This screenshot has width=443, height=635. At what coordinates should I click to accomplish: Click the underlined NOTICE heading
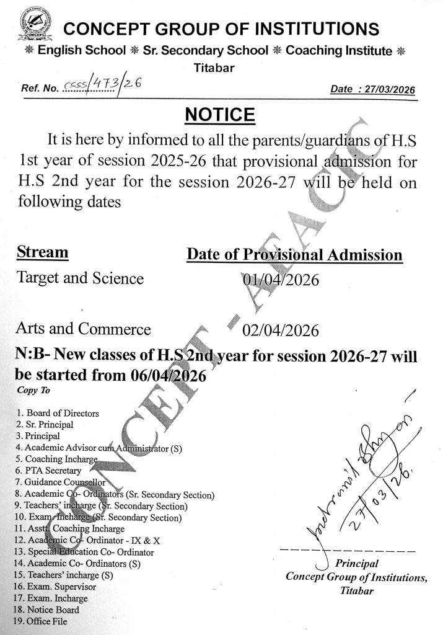221,115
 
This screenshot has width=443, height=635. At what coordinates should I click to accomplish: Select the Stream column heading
42,252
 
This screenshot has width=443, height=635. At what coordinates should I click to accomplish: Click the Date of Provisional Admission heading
294,255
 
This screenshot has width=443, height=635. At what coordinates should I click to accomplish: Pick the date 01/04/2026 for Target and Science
281,280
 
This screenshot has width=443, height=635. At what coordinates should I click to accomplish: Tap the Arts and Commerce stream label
84,328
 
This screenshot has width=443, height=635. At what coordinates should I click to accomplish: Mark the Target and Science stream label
81,278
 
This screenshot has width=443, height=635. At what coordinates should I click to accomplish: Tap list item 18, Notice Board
47,610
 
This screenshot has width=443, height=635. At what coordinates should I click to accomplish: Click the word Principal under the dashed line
356,564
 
